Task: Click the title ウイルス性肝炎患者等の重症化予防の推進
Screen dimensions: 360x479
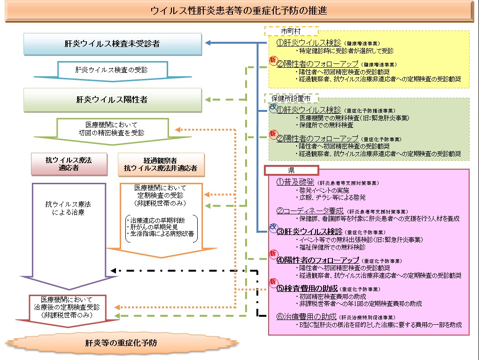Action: (x=239, y=10)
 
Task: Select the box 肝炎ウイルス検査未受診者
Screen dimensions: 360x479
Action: (x=112, y=44)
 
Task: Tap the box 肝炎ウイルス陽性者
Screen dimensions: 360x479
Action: (x=112, y=100)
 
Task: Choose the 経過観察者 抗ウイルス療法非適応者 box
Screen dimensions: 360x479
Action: (x=161, y=164)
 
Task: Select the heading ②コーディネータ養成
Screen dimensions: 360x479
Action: (x=310, y=211)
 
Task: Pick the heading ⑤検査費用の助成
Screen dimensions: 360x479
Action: (x=307, y=288)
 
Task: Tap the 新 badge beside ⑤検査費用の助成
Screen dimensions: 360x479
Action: (x=273, y=282)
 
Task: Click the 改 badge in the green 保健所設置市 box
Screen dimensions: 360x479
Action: (x=273, y=107)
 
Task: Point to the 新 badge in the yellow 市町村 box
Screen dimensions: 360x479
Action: (x=273, y=60)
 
